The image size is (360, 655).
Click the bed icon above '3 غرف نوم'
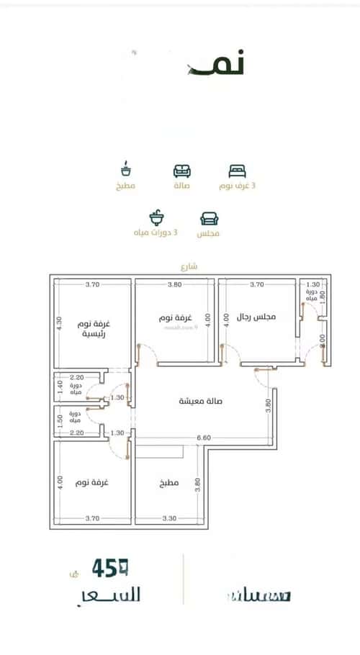237,171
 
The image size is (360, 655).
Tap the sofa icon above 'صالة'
182,171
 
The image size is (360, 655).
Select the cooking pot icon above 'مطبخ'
126,169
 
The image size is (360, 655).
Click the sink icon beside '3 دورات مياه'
156,218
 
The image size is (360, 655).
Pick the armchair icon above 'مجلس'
209,219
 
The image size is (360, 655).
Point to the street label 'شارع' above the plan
190,266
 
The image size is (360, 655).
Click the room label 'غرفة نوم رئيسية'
90,329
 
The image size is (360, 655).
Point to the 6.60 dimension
204,437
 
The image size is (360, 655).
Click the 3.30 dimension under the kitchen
169,518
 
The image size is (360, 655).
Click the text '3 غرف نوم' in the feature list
237,186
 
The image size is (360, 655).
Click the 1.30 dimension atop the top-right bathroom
312,285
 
